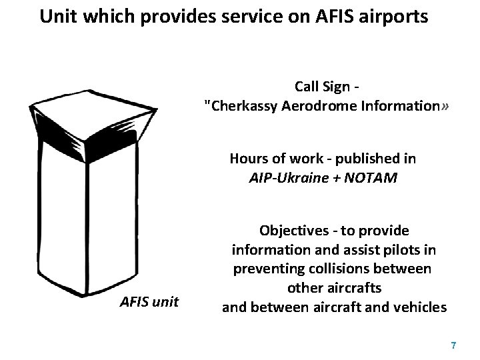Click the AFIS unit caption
tap(149, 302)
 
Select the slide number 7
tap(453, 345)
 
